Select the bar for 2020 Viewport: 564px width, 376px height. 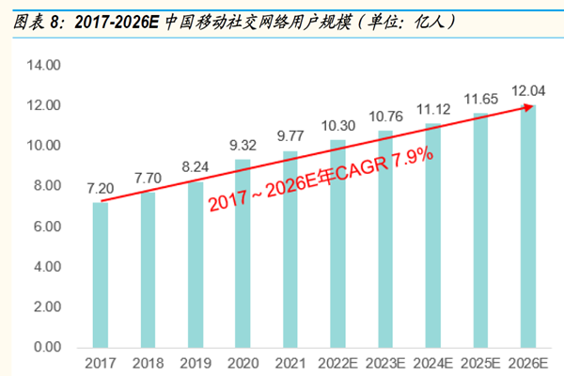point(243,254)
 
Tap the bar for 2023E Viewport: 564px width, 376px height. point(385,239)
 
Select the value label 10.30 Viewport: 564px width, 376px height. point(337,125)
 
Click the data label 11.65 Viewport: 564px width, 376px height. point(480,98)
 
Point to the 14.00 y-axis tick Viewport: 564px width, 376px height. point(43,65)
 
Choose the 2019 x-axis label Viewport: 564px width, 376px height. point(195,363)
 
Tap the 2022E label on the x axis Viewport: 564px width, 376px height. point(337,363)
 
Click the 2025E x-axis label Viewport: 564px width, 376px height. point(480,363)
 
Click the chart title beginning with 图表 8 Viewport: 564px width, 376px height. point(235,20)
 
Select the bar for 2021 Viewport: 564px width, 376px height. point(290,249)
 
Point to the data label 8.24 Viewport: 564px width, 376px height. point(194,166)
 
